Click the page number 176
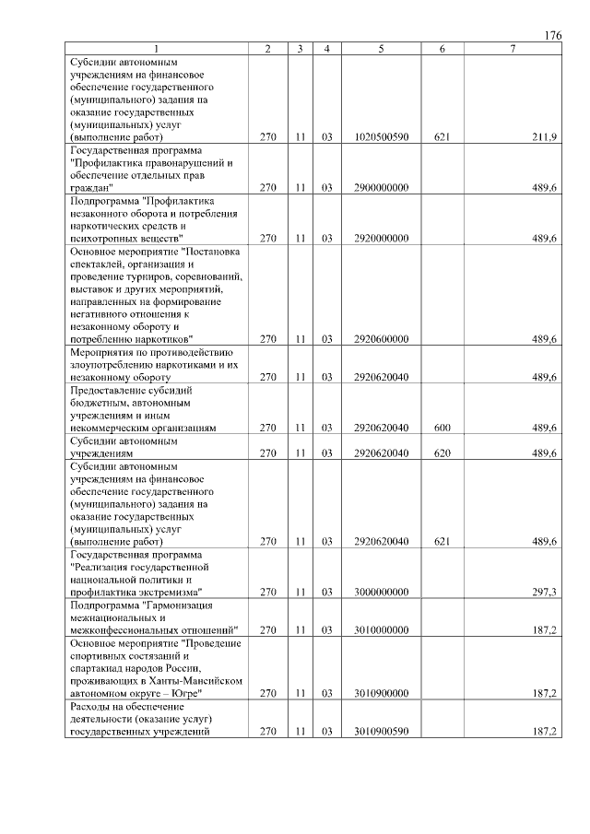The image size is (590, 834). click(552, 35)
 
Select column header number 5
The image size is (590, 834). click(380, 48)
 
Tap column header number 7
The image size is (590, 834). click(512, 48)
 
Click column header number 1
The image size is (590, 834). click(157, 48)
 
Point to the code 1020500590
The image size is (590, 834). click(381, 136)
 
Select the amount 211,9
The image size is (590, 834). click(545, 136)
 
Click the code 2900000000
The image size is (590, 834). click(381, 187)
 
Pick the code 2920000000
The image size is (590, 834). click(381, 238)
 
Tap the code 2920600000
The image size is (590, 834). click(381, 339)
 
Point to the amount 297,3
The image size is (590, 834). click(545, 593)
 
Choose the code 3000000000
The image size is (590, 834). click(381, 593)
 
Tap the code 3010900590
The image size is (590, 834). click(381, 731)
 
